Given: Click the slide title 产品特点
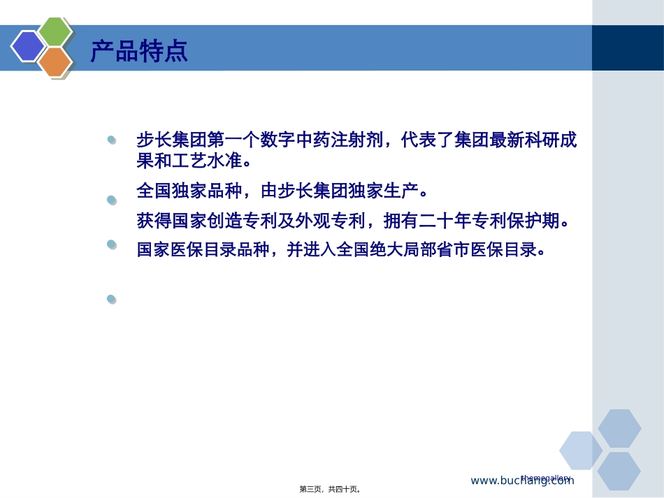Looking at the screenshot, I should [139, 51].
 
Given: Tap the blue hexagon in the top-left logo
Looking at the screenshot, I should [28, 46].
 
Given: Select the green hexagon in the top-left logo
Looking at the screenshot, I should [55, 32].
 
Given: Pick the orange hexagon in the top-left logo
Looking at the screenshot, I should [55, 62].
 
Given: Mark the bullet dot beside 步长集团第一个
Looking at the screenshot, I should [111, 141].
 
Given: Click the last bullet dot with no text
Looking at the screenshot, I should [111, 299].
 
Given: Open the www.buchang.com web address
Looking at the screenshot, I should [521, 481].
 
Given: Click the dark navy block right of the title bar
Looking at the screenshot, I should [627, 47].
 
